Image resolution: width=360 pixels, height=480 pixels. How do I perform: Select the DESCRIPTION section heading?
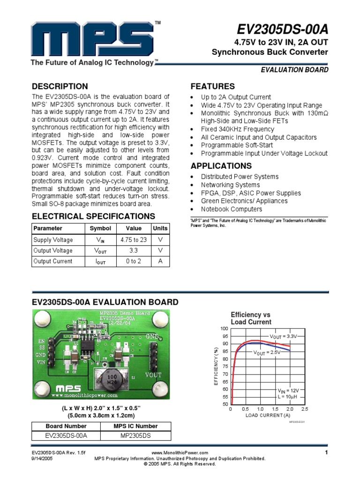click(60, 87)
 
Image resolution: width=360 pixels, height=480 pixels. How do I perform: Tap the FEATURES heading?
click(213, 87)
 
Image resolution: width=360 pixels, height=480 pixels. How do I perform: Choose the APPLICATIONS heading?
click(221, 166)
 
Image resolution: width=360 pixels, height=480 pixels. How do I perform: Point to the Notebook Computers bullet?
click(232, 209)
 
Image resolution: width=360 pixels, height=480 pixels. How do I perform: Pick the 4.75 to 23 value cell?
click(134, 240)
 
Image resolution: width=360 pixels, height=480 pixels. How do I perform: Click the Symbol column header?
click(100, 228)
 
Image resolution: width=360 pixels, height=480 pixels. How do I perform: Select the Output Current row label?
click(53, 261)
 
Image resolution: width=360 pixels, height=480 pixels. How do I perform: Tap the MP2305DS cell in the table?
click(136, 436)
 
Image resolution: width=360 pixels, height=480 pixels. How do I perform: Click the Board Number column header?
click(66, 426)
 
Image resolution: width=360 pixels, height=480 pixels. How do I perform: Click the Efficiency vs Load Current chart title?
click(251, 318)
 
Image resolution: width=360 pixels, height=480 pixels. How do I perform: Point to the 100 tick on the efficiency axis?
click(224, 329)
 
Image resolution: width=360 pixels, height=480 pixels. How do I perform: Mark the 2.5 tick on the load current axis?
click(305, 409)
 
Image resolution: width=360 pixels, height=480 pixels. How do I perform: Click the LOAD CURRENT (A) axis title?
click(268, 415)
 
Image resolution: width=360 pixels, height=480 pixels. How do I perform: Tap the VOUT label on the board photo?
click(153, 375)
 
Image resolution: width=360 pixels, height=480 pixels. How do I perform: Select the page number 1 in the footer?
click(325, 452)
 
